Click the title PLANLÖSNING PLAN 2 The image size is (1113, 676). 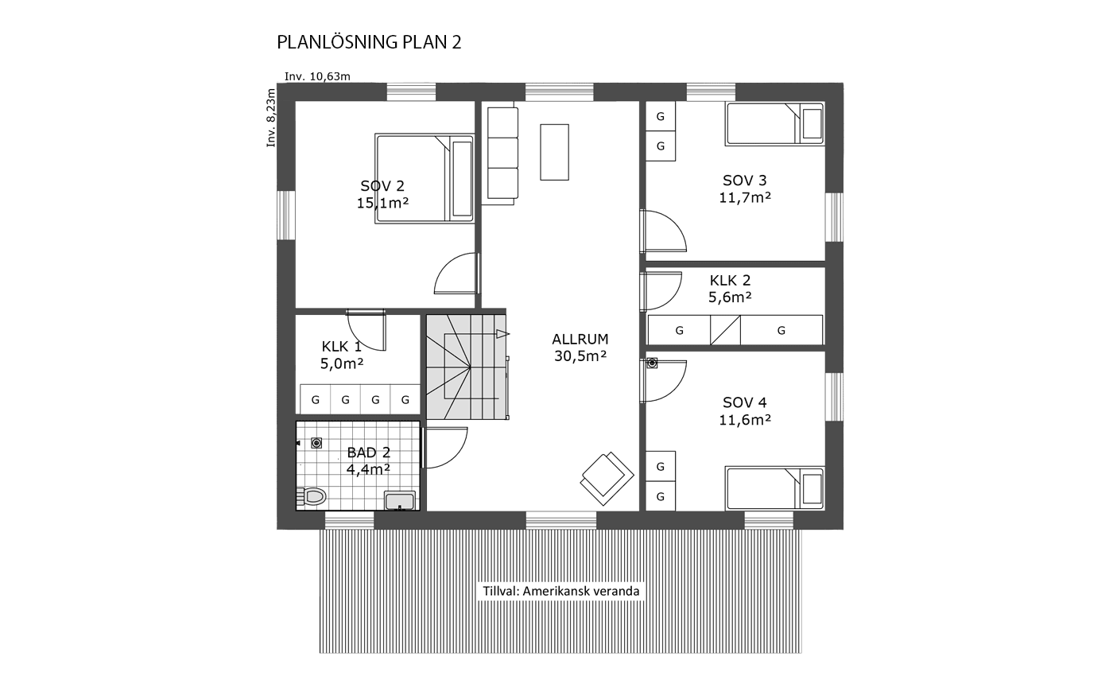369,42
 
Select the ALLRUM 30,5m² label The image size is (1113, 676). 580,348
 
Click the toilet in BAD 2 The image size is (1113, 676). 312,496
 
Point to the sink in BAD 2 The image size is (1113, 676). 399,500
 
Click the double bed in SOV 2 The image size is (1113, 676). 425,178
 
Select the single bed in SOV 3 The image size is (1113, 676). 774,124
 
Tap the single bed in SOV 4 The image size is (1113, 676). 774,488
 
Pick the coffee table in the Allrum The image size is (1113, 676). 555,152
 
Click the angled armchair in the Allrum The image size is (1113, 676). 607,478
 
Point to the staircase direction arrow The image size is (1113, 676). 502,334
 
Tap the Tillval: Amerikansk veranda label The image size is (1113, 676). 561,591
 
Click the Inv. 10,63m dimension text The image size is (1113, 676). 317,76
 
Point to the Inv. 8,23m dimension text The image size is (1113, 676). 271,118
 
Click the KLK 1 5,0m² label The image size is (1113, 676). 342,355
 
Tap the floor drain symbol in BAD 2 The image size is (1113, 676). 316,442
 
